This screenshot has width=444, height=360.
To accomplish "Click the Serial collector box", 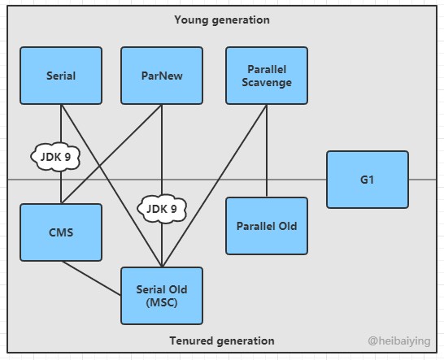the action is point(61,76).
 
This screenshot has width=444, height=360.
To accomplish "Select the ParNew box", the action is point(162,76).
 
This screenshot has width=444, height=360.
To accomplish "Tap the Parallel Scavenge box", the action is point(267,76).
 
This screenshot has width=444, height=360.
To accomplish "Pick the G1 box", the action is point(368,180).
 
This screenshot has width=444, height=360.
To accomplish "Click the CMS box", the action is point(61,232).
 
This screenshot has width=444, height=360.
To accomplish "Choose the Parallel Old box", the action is point(267,226).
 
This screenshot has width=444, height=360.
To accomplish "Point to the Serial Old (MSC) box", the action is point(162,296).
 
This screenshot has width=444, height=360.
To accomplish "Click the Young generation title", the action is point(222,20).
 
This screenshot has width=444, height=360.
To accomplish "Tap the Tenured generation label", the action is point(222,340).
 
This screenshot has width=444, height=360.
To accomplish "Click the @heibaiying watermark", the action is point(399,341).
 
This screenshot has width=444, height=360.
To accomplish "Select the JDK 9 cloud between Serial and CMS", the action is point(55,157).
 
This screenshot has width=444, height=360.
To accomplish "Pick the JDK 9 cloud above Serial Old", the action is point(162,209).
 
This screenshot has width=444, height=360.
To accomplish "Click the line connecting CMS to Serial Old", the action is point(91,278).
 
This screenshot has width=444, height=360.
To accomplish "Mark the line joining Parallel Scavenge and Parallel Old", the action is point(267,150).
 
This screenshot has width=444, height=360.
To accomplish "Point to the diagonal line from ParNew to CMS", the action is point(111,154).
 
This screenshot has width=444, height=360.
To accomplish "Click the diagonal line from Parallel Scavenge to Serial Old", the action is point(215,185).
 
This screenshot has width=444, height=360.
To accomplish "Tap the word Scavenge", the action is point(267,82).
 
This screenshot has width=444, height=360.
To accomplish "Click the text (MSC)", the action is point(162,302).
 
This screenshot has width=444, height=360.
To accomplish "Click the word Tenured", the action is point(188,340).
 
